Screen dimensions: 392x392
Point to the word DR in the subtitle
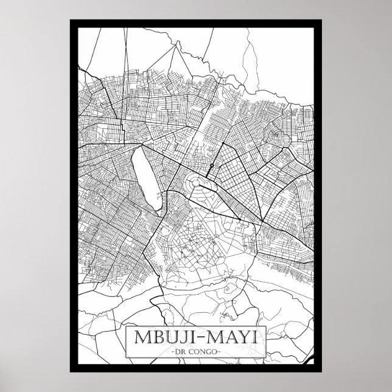pyautogui.click(x=177, y=353)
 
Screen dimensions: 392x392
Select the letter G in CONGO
pyautogui.click(x=206, y=353)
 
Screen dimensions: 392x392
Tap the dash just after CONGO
pyautogui.click(x=217, y=353)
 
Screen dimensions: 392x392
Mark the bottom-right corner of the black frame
pyautogui.click(x=321, y=371)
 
